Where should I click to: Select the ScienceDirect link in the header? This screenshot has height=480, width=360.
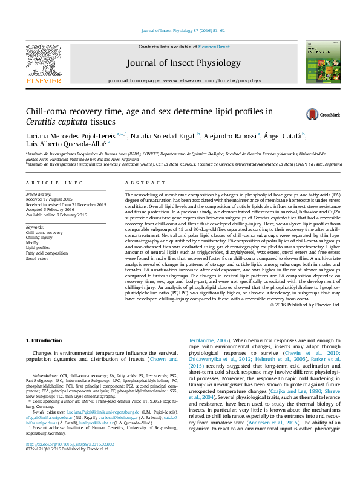(214, 47)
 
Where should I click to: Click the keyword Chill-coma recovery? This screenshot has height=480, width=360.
(44, 232)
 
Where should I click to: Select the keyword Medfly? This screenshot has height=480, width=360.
(33, 242)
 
